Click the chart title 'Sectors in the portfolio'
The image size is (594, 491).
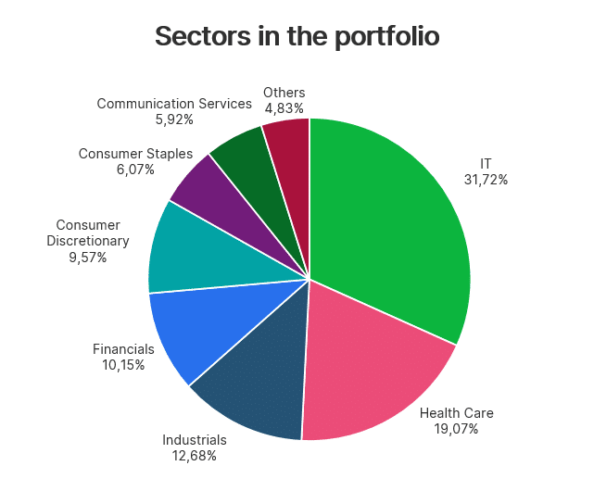point(297,36)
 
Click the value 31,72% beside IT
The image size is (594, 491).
point(486,180)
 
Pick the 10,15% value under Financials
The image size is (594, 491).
point(123,364)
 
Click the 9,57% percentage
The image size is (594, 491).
point(88,258)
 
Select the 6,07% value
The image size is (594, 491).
point(135,169)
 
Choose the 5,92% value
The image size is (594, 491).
point(174,119)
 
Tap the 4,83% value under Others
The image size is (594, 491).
point(284,107)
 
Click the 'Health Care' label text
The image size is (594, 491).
point(457,413)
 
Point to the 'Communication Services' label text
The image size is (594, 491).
point(174,104)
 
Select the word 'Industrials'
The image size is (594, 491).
point(194,439)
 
